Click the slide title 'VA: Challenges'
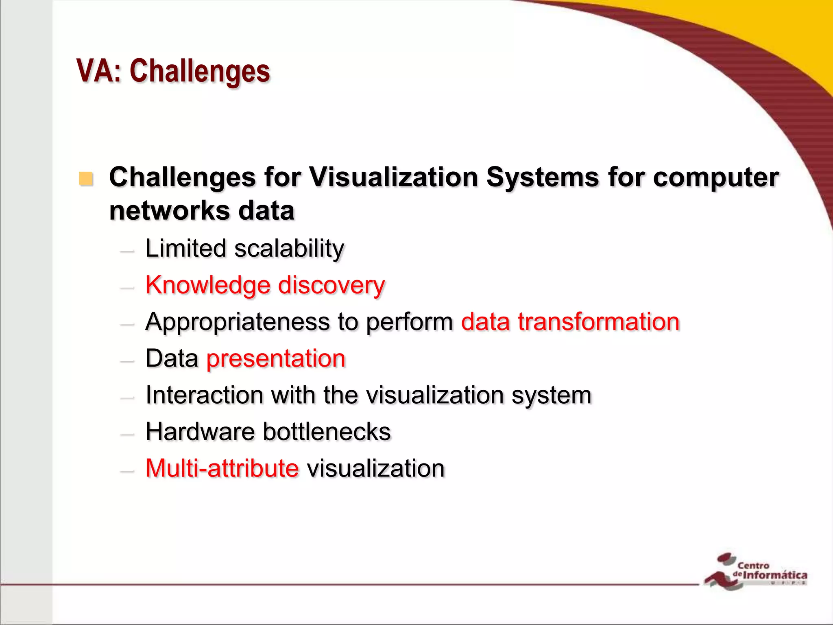click(x=173, y=71)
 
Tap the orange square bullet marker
click(x=86, y=179)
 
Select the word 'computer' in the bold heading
click(x=716, y=178)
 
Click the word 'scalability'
click(x=289, y=249)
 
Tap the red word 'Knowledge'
click(x=207, y=285)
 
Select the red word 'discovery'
click(x=331, y=285)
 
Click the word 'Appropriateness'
click(x=238, y=322)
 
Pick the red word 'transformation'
click(x=598, y=321)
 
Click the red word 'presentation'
click(x=276, y=358)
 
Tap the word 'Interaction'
click(x=204, y=395)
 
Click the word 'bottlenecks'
click(x=327, y=432)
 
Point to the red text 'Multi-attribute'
click(x=222, y=468)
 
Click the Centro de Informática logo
click(x=755, y=571)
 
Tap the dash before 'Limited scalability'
click(x=127, y=251)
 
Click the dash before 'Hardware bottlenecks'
click(x=127, y=435)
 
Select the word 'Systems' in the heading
click(x=542, y=178)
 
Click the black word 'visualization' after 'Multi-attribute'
click(x=376, y=468)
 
